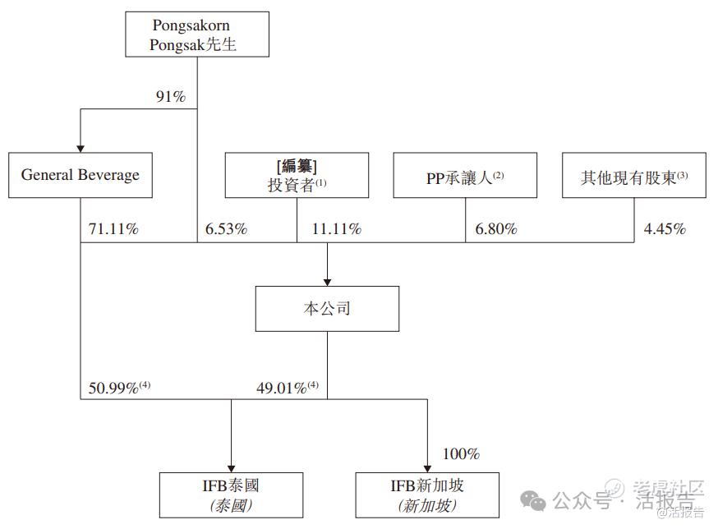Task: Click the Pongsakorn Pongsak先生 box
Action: pos(197,34)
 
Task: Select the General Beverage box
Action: pos(81,175)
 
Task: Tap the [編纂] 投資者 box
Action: pos(297,175)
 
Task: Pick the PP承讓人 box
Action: pos(465,175)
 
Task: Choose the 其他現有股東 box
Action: pos(634,175)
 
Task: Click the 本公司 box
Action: pos(327,309)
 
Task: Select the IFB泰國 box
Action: pos(231,495)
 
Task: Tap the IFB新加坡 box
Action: pos(427,495)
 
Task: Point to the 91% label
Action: pos(170,96)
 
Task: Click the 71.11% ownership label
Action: pos(113,228)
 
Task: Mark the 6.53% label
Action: pos(226,228)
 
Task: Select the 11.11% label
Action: pos(337,228)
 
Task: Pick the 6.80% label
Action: pos(496,228)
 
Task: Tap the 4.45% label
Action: pos(665,228)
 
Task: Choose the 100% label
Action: pos(461,454)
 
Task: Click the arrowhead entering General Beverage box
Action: pos(81,149)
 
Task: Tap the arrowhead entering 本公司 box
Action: pos(327,283)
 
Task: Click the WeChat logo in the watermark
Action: pos(532,500)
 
